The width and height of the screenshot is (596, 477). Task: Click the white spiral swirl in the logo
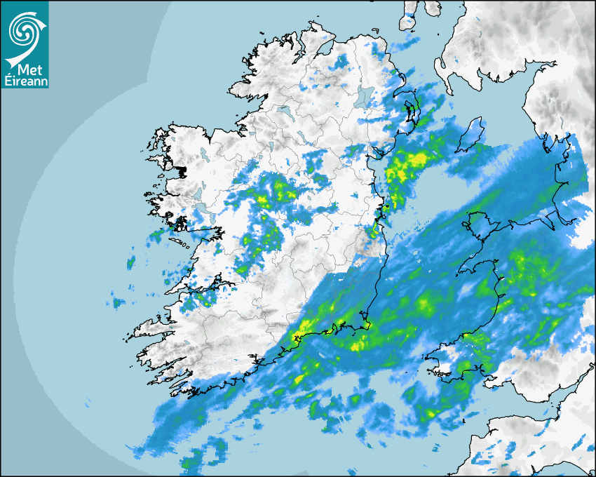(22, 29)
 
